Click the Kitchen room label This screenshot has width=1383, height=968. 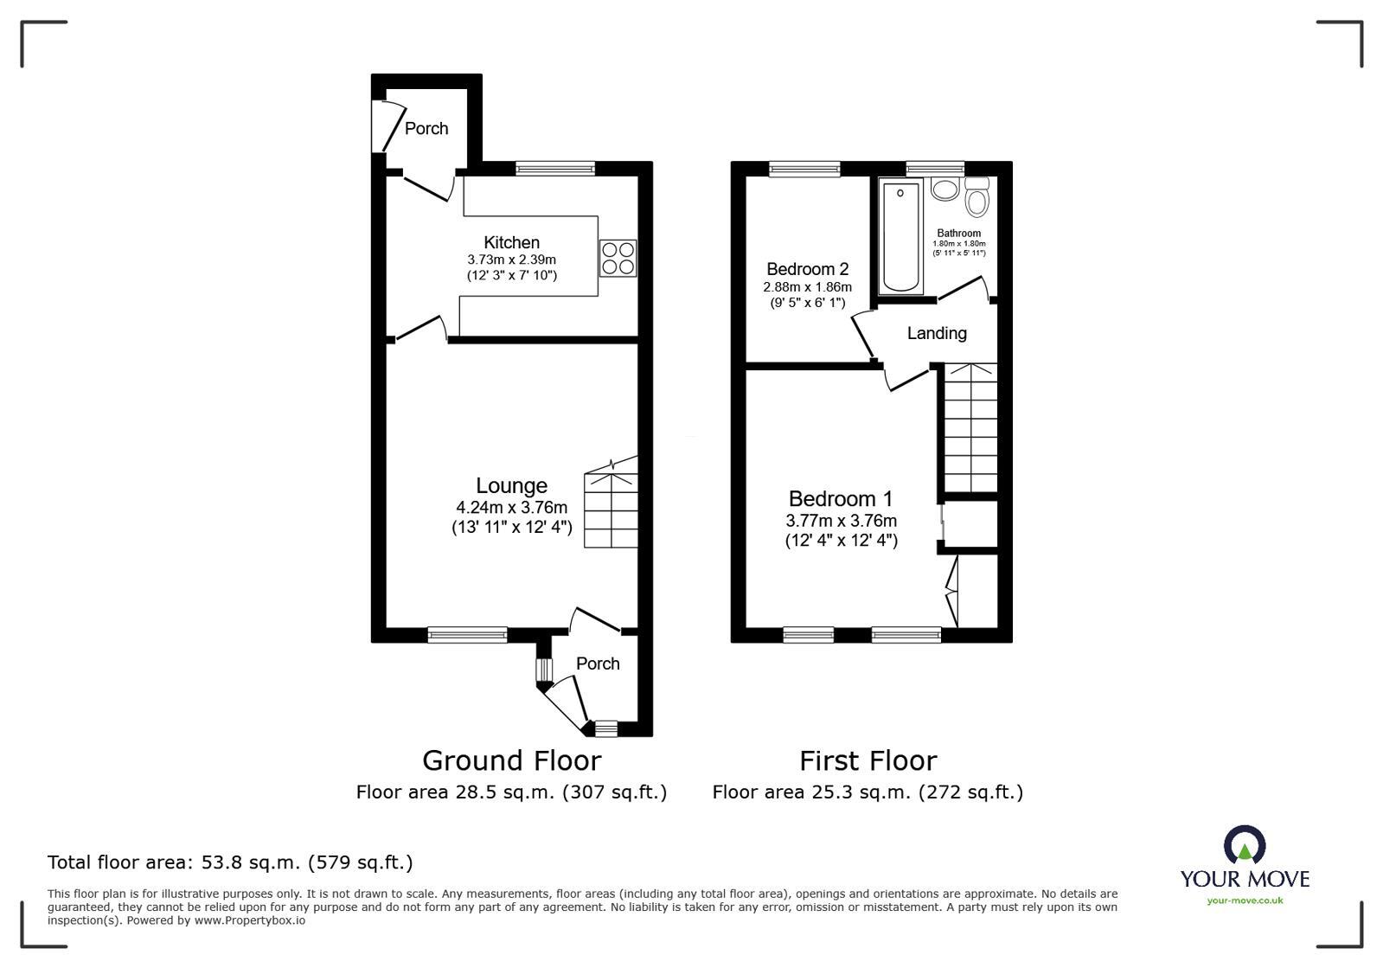tap(511, 243)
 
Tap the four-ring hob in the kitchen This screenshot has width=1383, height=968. tap(618, 258)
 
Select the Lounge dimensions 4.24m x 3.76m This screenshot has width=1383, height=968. tap(511, 508)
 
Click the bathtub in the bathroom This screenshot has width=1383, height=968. tap(900, 235)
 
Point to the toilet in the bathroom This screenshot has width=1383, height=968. tap(977, 198)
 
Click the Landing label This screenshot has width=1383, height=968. tap(936, 333)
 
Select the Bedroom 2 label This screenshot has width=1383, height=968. tap(807, 269)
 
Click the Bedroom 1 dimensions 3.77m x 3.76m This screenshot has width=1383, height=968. tap(841, 521)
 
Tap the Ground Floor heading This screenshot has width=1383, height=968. tap(511, 760)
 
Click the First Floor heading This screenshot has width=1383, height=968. tap(868, 760)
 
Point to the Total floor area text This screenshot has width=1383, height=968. tap(230, 862)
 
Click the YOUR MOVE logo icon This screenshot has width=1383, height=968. tap(1245, 845)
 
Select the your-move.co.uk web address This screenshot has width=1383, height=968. tap(1245, 901)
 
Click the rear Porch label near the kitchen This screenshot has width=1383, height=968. tap(426, 128)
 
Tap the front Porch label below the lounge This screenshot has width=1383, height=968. tap(598, 663)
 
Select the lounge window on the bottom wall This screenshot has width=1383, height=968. tap(467, 636)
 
